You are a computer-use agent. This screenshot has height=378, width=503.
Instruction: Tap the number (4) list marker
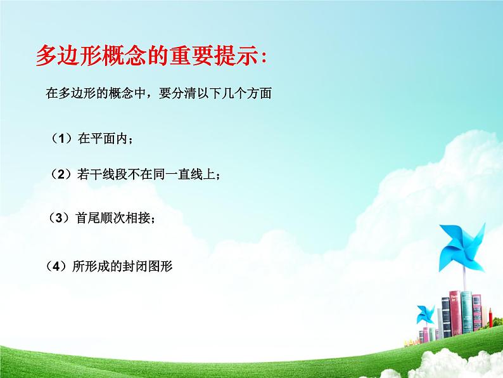[x=58, y=268]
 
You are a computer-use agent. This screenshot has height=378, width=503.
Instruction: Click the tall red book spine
[x=455, y=314]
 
